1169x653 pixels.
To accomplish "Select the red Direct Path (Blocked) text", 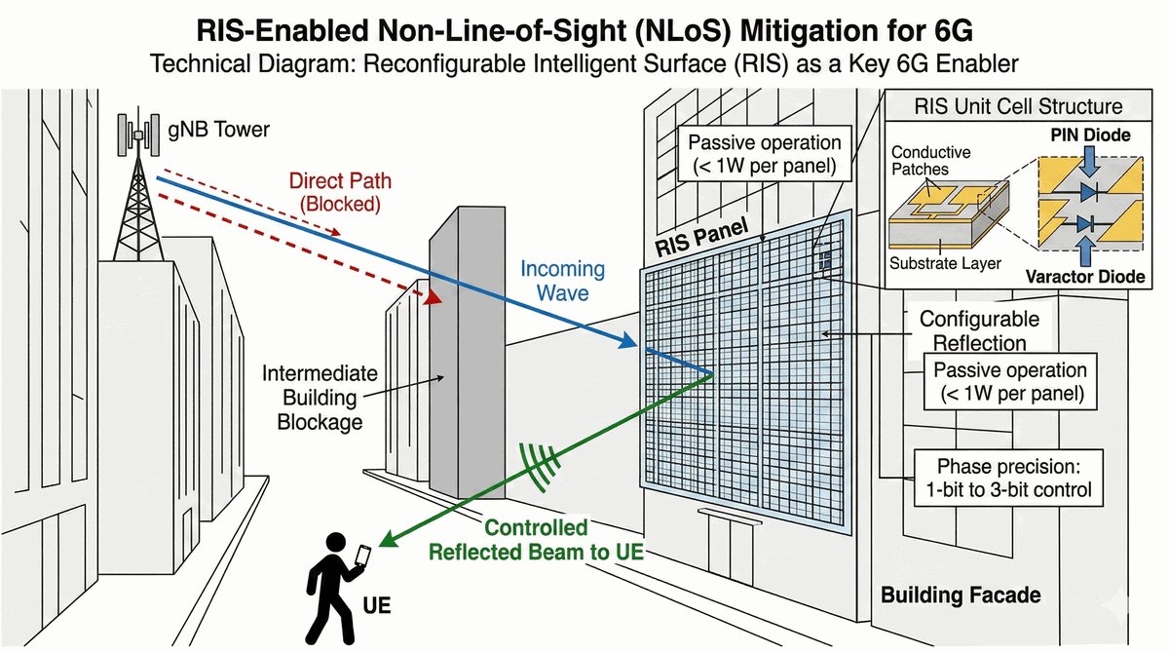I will pos(334,192).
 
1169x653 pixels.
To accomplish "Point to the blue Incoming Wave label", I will pos(562,279).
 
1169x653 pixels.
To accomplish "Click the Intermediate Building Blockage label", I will pos(313,397).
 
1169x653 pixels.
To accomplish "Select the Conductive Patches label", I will pos(931,161).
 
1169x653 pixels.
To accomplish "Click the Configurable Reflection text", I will pos(979,330).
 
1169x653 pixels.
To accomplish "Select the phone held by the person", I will pos(361,556).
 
